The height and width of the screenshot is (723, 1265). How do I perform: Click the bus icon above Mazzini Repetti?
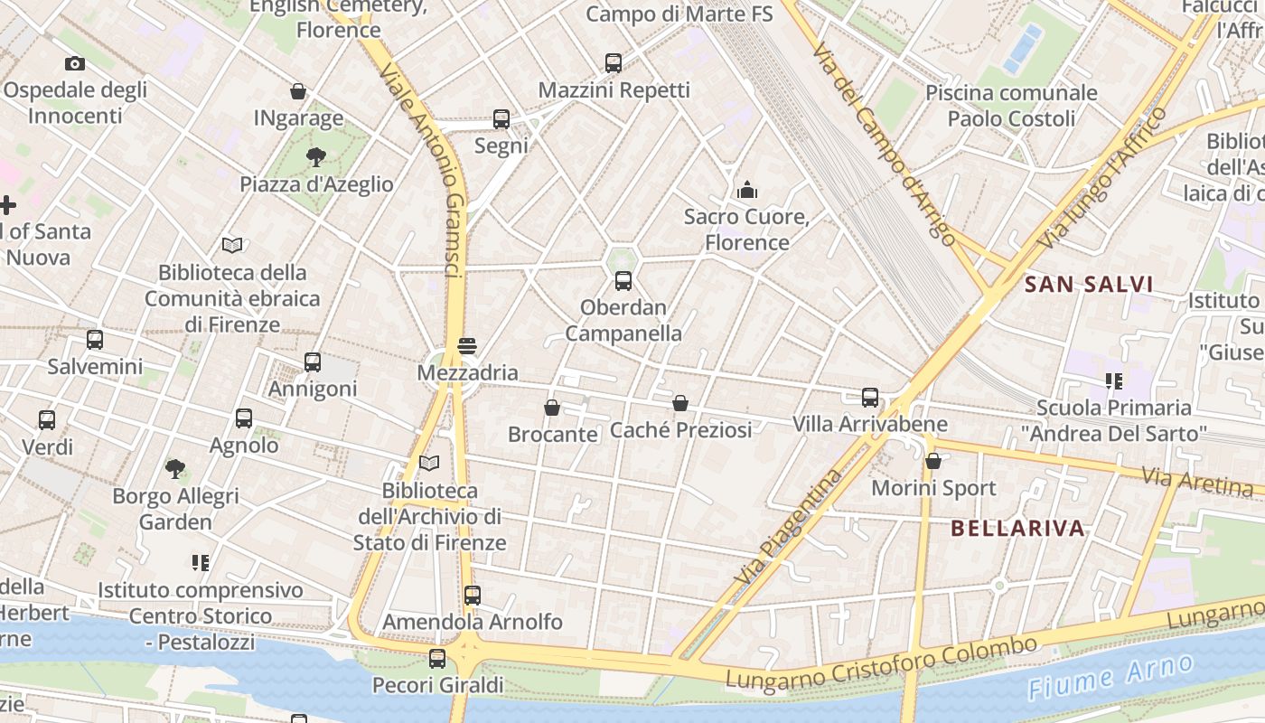coord(614,63)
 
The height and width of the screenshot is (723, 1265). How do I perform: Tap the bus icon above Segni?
coord(501,119)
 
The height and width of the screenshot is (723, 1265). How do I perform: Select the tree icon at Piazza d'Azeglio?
coord(316,157)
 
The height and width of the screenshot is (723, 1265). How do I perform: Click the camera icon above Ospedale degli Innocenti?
coord(75,63)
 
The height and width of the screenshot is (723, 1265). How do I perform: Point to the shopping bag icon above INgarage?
coord(298,91)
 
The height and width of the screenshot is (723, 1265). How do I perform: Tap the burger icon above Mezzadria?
coord(467,346)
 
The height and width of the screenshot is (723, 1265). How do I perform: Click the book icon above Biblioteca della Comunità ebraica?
coord(232,245)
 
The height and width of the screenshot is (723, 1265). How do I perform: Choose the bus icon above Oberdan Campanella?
coord(623,281)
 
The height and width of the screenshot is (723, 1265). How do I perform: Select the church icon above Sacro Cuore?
coord(747,190)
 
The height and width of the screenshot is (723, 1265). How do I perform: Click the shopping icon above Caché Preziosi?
coord(680,403)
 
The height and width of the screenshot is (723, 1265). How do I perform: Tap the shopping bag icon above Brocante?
coord(552,408)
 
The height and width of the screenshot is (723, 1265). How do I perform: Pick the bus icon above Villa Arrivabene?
coord(870,397)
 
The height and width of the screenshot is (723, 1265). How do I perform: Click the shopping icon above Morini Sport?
coord(933,461)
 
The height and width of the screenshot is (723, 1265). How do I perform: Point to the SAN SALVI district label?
coord(1089,285)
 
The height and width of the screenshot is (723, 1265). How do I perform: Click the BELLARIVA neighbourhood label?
coord(1017,529)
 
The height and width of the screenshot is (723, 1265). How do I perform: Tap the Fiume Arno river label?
coord(1111,676)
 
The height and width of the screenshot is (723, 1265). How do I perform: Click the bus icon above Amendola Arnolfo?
coord(473,596)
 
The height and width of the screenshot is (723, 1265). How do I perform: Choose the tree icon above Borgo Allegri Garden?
coord(175,469)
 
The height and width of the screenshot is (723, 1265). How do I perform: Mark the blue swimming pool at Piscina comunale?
coord(1022,48)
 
